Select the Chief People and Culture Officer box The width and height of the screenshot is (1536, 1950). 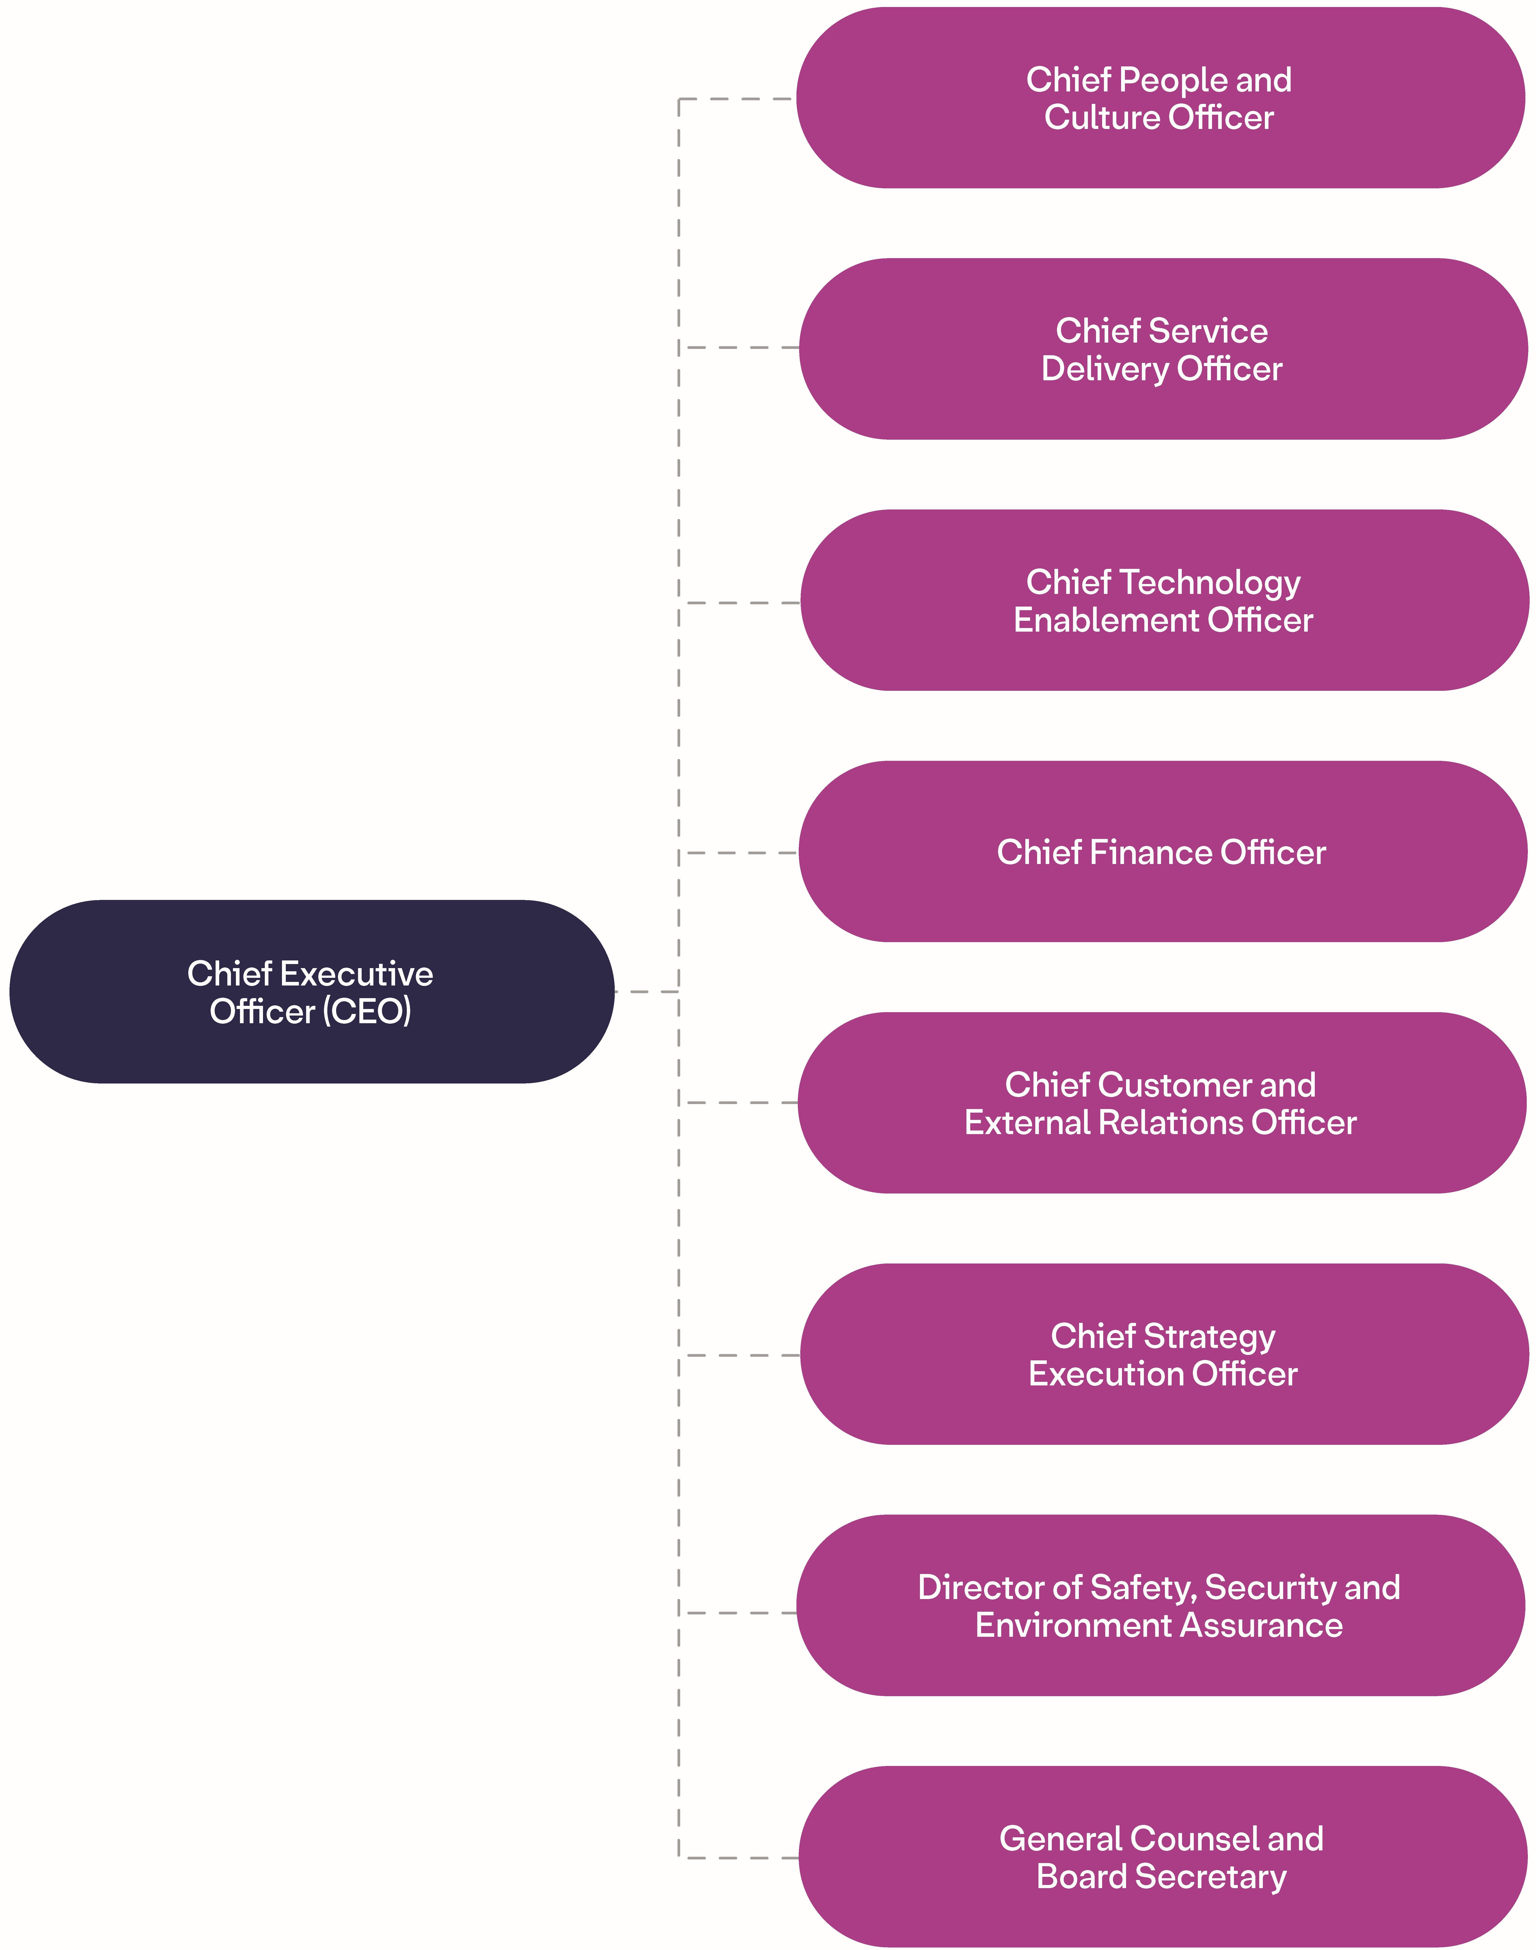point(1160,98)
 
